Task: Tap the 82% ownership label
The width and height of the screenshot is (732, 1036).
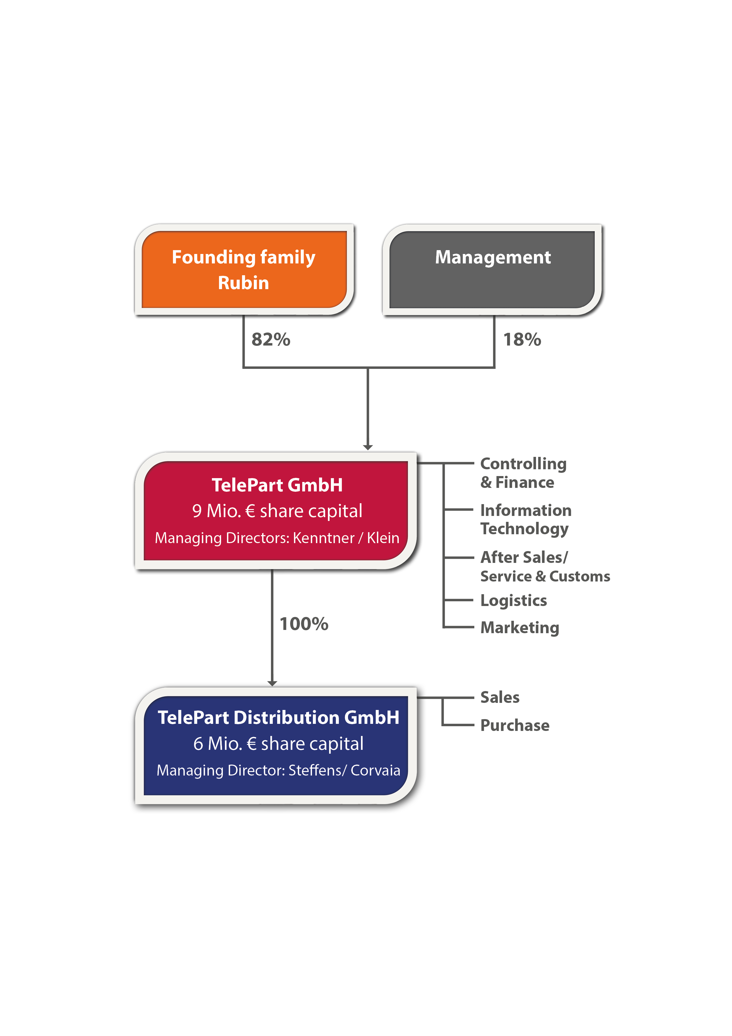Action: point(271,339)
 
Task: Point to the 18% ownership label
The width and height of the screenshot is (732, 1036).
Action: point(522,339)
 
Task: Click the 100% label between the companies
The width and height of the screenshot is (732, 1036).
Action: point(303,624)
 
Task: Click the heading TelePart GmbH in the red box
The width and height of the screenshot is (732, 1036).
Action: point(277,485)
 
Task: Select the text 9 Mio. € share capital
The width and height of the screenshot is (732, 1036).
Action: point(277,511)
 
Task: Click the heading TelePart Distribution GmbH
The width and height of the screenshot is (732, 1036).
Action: point(278,717)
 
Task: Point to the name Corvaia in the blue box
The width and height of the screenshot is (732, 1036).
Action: point(375,770)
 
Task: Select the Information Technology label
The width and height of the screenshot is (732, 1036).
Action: point(525,519)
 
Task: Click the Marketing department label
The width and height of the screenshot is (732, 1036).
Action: point(519,627)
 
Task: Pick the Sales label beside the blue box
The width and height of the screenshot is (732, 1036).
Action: point(500,697)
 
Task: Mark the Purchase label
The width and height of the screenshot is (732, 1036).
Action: point(514,725)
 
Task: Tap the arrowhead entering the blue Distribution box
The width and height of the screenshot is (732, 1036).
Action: point(272,683)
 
